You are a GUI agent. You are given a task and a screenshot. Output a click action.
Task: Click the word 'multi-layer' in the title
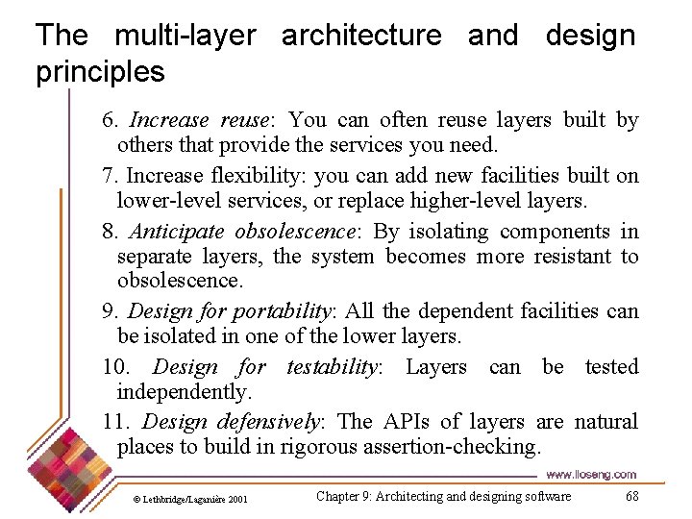click(x=185, y=37)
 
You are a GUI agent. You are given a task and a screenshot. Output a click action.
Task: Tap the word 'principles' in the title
click(x=100, y=72)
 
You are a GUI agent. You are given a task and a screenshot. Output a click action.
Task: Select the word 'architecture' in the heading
click(x=361, y=37)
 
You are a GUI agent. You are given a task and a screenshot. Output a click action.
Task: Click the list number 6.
click(x=110, y=120)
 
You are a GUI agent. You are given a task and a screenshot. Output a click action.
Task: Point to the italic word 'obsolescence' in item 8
click(x=288, y=232)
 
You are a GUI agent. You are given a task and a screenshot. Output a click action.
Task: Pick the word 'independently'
click(x=183, y=392)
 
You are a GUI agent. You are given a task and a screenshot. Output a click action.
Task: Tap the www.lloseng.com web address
click(x=590, y=475)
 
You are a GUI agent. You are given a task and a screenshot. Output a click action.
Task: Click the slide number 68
click(x=631, y=496)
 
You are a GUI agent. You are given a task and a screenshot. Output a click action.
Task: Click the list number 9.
click(x=110, y=311)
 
